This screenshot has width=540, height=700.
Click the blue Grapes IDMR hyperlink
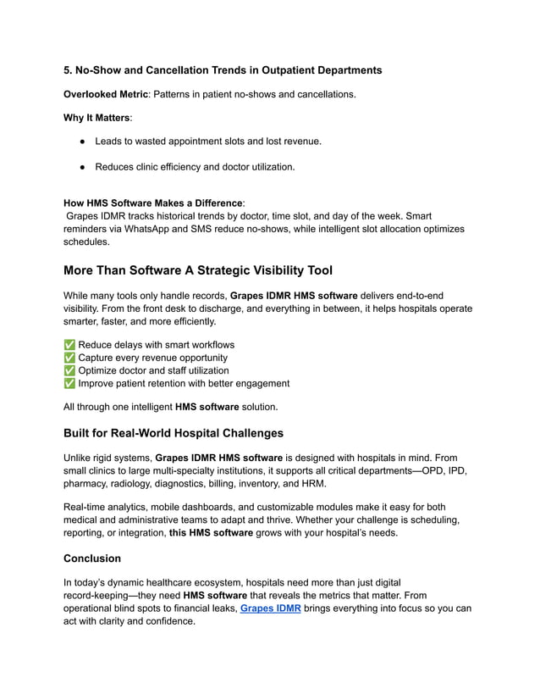pyautogui.click(x=270, y=608)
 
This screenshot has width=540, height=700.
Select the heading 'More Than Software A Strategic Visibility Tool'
pyautogui.click(x=198, y=270)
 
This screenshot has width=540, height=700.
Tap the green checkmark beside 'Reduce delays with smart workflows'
pyautogui.click(x=69, y=345)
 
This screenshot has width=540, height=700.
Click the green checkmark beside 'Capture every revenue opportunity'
pyautogui.click(x=69, y=358)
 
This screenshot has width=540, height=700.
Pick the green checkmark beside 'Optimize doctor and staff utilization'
pyautogui.click(x=69, y=370)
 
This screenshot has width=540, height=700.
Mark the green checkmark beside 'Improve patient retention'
pyautogui.click(x=69, y=383)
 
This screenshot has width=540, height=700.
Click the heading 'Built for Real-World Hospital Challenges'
pyautogui.click(x=174, y=433)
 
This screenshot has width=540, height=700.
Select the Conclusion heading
pyautogui.click(x=92, y=558)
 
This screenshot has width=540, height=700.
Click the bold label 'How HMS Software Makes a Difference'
pyautogui.click(x=153, y=203)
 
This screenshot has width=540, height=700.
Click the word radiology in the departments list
pyautogui.click(x=135, y=483)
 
